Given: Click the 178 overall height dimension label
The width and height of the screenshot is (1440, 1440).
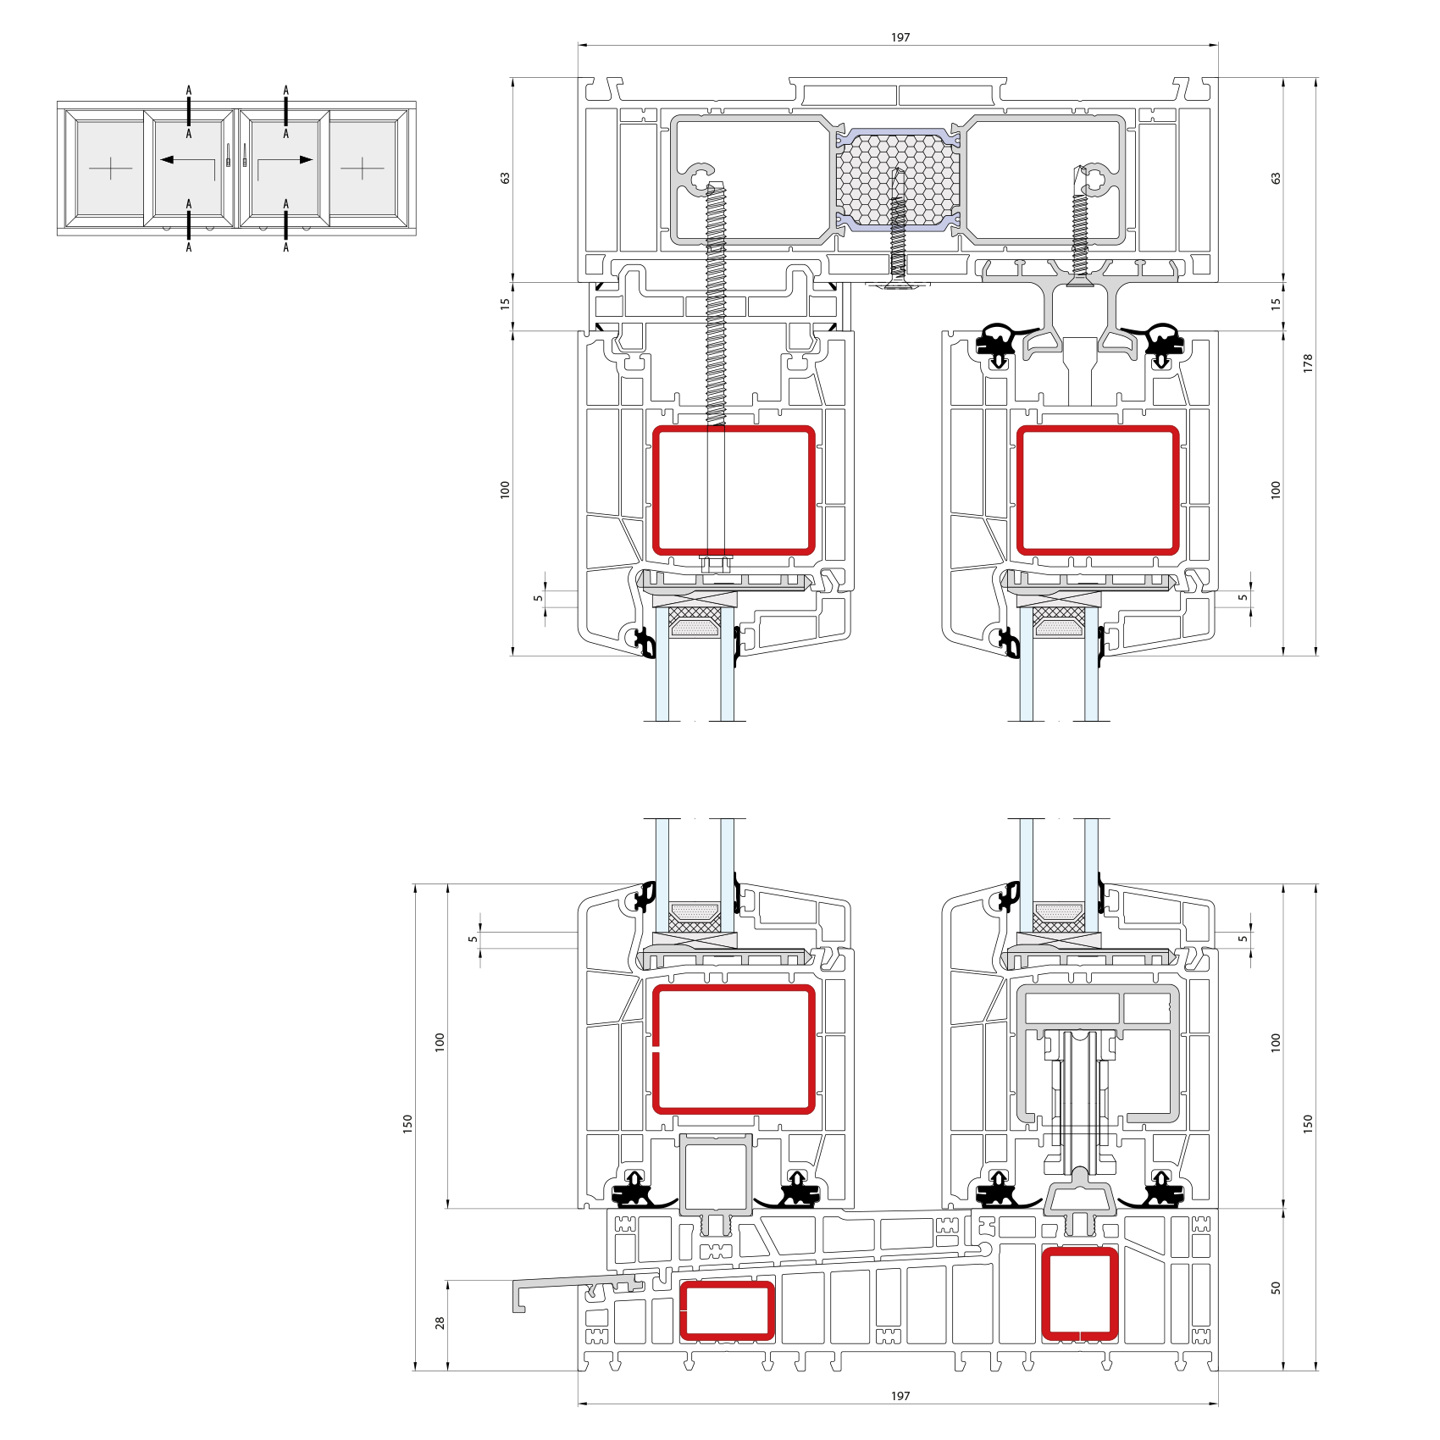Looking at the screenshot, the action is [1308, 363].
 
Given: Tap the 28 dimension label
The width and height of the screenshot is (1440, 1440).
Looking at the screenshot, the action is [440, 1322].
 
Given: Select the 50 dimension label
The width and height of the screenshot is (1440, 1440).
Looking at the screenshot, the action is [1276, 1288].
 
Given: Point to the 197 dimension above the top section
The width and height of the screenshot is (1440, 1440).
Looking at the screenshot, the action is [900, 37].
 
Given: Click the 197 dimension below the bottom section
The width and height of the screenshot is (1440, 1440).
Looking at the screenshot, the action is [900, 1396].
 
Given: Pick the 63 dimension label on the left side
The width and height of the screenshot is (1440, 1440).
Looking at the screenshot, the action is [506, 178].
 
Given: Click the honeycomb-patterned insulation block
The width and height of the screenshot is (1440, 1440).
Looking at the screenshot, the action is [898, 180].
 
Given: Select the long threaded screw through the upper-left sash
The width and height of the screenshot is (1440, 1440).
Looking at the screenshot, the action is [717, 305].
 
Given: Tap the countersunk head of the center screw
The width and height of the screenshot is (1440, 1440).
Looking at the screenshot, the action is [898, 283].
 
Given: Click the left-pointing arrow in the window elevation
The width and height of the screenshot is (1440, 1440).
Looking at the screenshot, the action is [187, 159].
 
